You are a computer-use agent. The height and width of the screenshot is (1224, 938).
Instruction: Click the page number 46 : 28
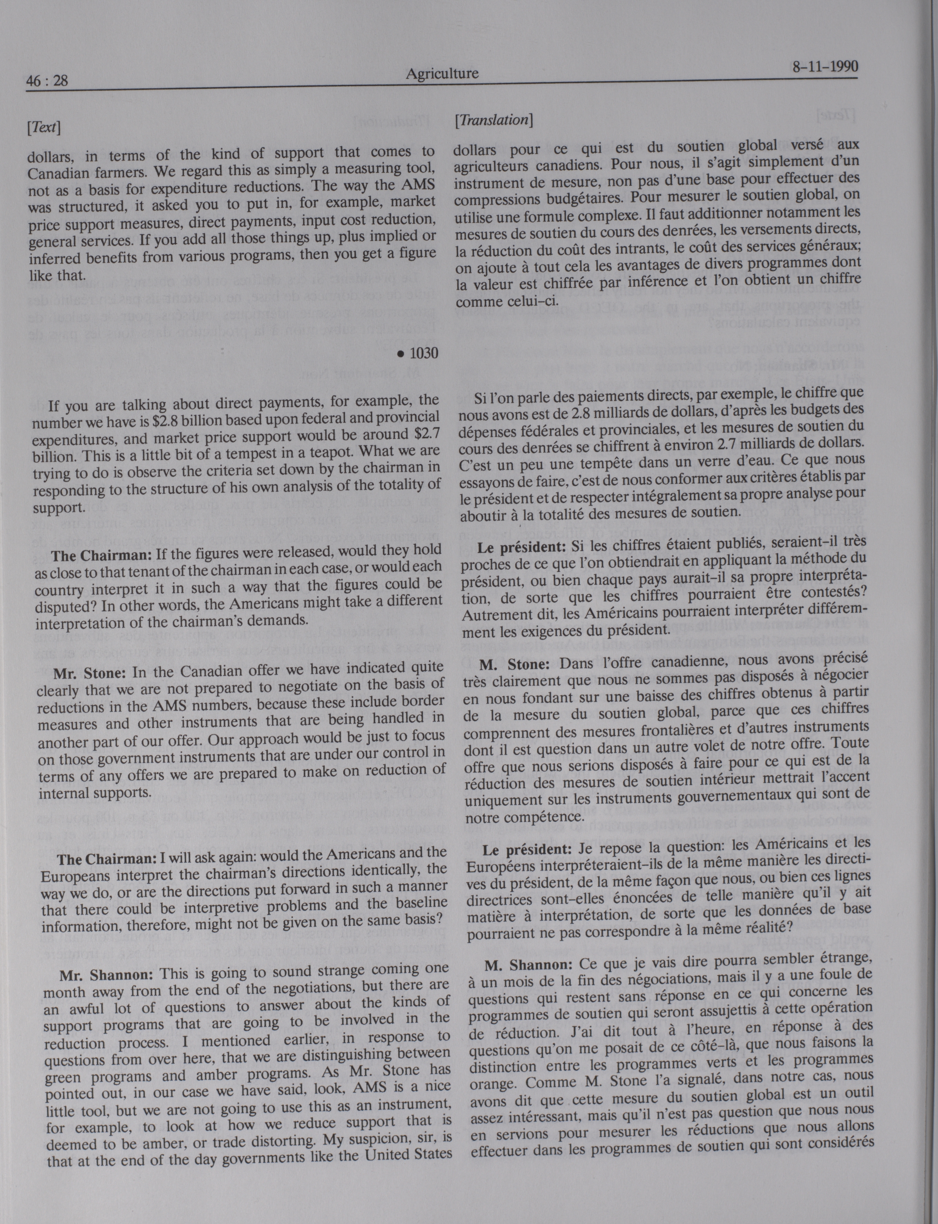click(47, 81)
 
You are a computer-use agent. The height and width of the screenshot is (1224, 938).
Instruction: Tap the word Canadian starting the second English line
click(57, 173)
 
